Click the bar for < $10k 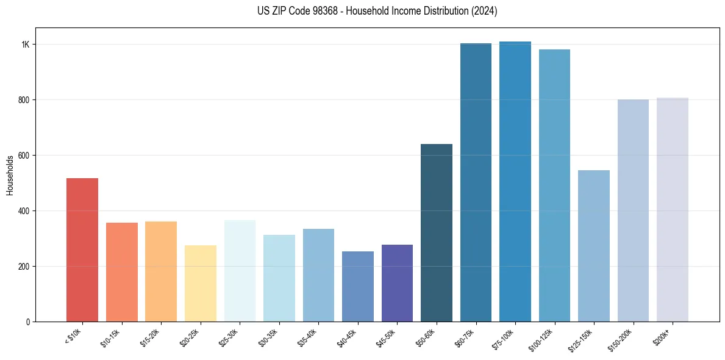click(82, 250)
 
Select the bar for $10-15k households click(121, 272)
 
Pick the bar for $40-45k click(357, 286)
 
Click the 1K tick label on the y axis click(26, 45)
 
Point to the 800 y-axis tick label click(24, 100)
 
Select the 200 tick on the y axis click(24, 267)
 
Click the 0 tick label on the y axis click(28, 322)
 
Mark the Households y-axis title click(10, 175)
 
